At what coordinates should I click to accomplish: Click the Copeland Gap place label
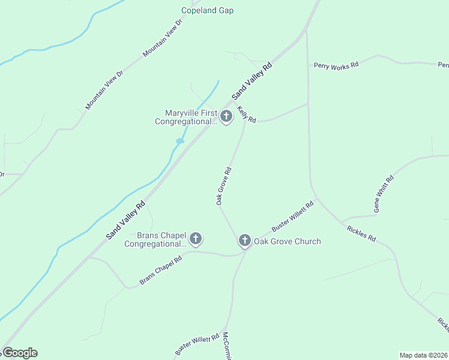coord(207,10)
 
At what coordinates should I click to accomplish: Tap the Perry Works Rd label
coord(336,65)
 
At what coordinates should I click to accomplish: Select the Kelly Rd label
coord(247,114)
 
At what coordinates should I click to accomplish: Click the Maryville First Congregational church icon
coord(226,116)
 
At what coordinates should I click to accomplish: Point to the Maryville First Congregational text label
coord(186,117)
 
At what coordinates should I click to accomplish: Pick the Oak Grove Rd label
coord(224,186)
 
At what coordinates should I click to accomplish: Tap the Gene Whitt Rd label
coord(384,194)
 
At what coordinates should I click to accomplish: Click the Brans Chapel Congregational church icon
coord(195,239)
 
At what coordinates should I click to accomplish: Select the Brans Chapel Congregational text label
coord(155,239)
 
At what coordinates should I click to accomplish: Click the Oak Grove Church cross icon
coord(244,241)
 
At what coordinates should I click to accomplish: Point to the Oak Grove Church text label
coord(287,241)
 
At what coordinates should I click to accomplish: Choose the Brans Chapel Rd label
coord(161,271)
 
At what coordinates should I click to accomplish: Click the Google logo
coord(20,352)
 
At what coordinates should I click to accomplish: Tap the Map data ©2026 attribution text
coord(423,355)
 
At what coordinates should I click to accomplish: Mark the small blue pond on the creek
coord(179,141)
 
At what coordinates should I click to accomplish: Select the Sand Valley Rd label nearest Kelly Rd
coord(252,80)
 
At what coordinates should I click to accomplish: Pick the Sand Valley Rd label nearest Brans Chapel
coord(126,220)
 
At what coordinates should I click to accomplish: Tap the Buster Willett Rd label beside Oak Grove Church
coord(293,217)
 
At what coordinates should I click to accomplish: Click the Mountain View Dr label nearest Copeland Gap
coord(162,38)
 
